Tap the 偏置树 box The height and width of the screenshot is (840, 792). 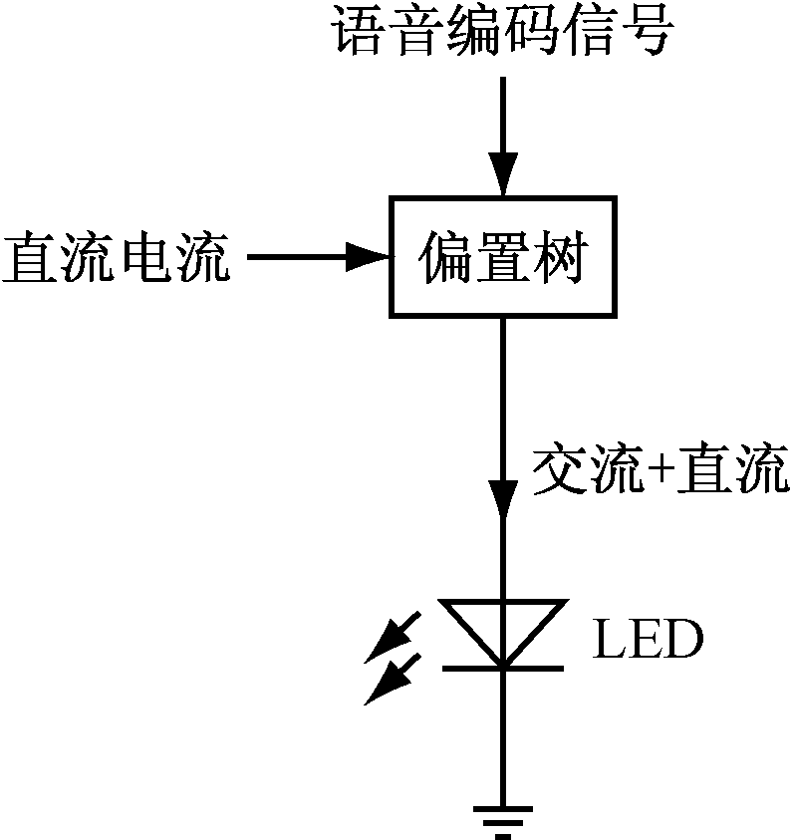pyautogui.click(x=501, y=257)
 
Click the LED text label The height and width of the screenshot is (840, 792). pyautogui.click(x=648, y=641)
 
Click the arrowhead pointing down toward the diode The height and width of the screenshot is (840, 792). pyautogui.click(x=502, y=496)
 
